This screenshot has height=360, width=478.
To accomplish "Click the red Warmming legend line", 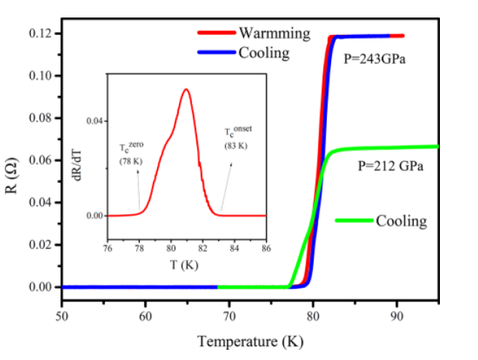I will [x=216, y=32].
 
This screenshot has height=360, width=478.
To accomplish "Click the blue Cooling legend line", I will [x=216, y=53].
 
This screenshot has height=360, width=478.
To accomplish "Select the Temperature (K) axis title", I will [x=250, y=341].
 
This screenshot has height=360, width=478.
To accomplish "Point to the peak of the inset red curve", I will [x=186, y=89].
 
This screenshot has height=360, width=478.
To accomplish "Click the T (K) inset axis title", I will [x=185, y=264].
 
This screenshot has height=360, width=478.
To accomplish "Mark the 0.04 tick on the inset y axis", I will [x=97, y=121].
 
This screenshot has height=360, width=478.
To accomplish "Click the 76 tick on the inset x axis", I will [x=108, y=248].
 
